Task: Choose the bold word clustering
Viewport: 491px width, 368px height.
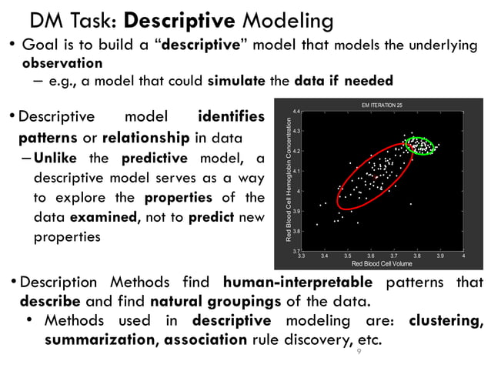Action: tap(446, 319)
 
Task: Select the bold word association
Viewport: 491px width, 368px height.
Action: tap(205, 339)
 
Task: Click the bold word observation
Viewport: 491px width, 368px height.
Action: tap(62, 62)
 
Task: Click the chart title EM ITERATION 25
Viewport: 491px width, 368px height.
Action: tap(382, 104)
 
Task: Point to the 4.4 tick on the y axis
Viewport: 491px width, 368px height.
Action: tap(296, 112)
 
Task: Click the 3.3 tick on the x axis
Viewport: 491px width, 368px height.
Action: tap(301, 256)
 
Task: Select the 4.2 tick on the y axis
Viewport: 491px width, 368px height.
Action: tap(296, 152)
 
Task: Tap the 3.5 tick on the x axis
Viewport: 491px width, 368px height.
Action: tap(347, 256)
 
